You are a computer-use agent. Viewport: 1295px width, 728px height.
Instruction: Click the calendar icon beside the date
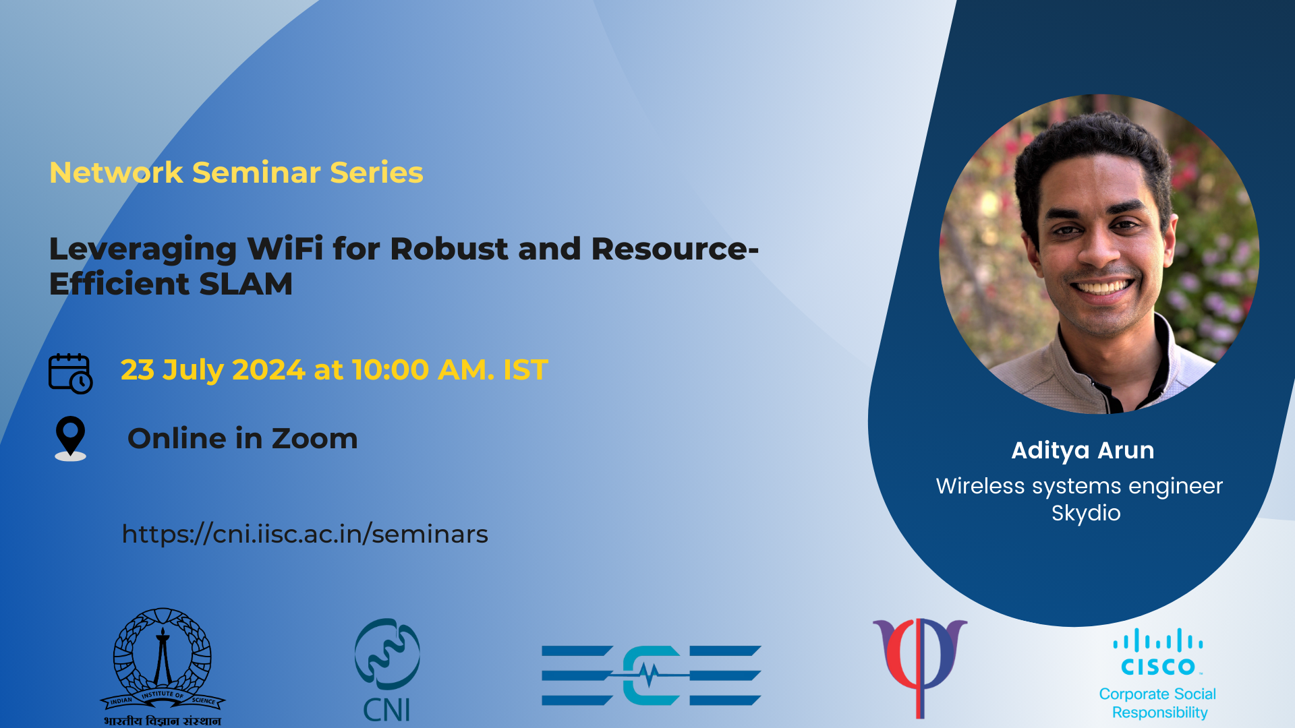coord(70,373)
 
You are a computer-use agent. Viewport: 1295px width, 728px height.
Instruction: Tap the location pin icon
coord(70,438)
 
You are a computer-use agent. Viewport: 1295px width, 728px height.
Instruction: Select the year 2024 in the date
coord(268,370)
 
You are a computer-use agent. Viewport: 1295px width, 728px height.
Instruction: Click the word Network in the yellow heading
coord(116,173)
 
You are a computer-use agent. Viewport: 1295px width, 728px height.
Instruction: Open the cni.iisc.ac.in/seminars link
coord(305,534)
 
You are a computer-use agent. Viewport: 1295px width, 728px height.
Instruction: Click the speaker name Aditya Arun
coord(1083,450)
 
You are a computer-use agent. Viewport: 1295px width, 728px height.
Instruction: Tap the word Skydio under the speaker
coord(1086,513)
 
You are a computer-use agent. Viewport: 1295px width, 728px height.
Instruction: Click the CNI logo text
coord(386,710)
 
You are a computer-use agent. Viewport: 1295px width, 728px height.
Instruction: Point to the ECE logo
coord(652,675)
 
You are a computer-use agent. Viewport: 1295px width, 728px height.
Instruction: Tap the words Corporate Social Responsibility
coord(1159,703)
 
